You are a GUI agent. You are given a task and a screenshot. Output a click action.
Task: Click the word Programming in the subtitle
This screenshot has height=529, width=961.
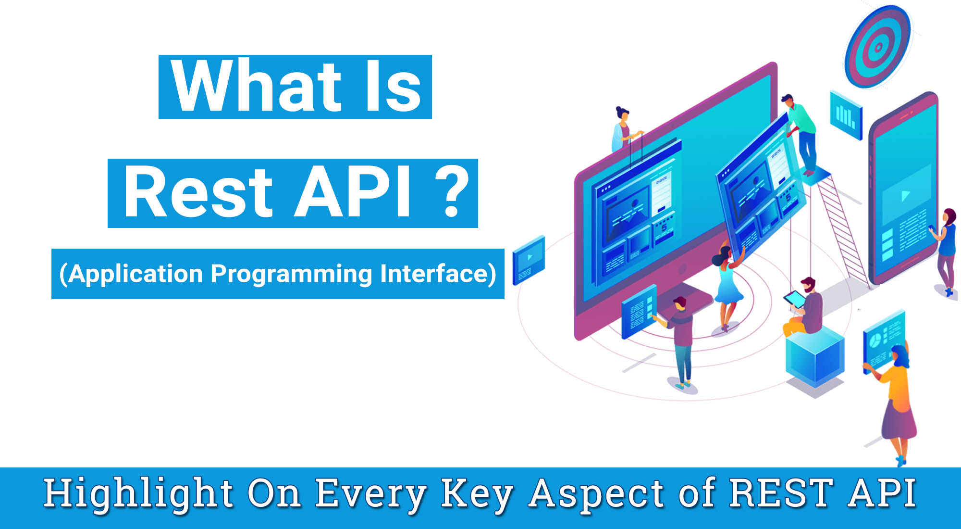[291, 274]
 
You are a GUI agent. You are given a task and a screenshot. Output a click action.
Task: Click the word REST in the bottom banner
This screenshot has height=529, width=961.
[781, 493]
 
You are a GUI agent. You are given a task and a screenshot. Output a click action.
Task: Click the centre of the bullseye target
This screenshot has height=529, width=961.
[878, 47]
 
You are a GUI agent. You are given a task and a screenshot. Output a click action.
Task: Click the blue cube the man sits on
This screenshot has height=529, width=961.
[815, 358]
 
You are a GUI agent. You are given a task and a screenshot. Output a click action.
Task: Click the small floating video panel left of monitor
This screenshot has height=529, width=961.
[529, 260]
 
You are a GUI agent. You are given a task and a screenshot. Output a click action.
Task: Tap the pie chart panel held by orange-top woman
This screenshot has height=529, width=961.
[883, 339]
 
